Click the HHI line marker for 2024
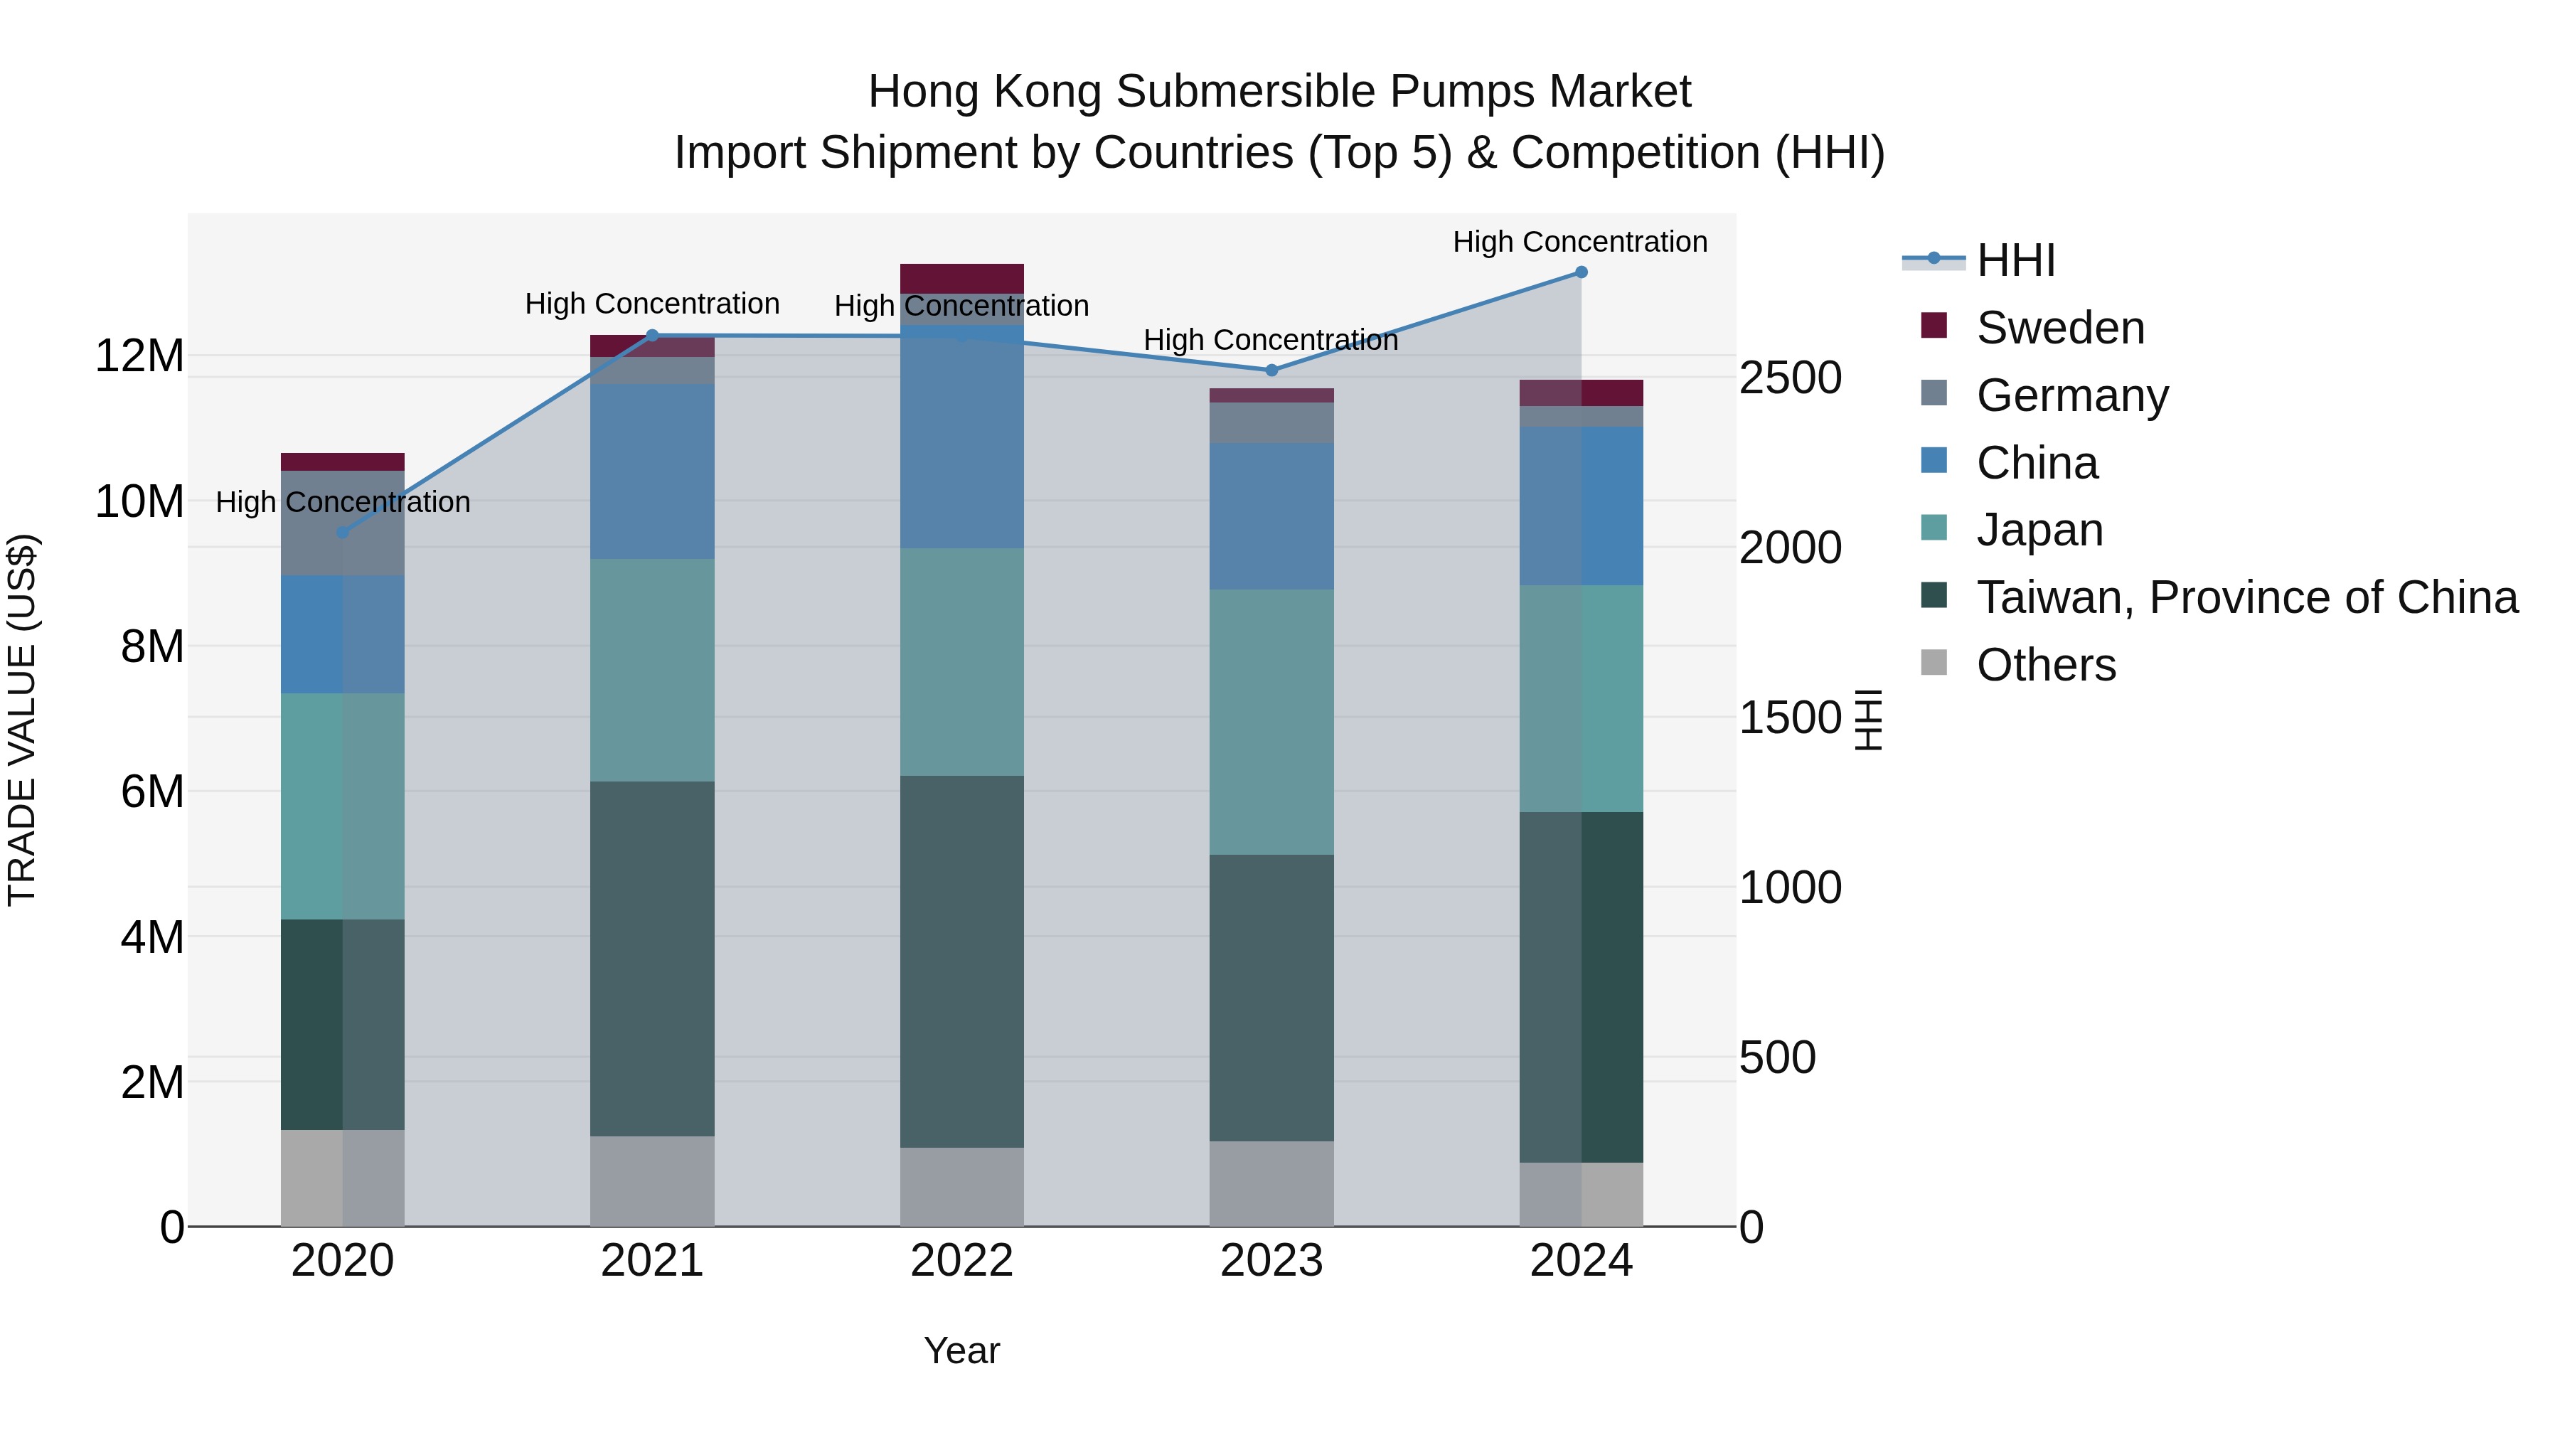pyautogui.click(x=1581, y=272)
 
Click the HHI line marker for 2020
pyautogui.click(x=343, y=533)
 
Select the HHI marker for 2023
pyautogui.click(x=1271, y=370)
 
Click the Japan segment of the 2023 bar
pyautogui.click(x=1271, y=722)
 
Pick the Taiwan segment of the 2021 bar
pyautogui.click(x=652, y=959)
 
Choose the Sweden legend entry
pyautogui.click(x=2059, y=328)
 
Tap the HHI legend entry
pyautogui.click(x=2015, y=260)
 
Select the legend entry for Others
pyautogui.click(x=2045, y=665)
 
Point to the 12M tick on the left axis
pyautogui.click(x=139, y=356)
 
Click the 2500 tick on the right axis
pyautogui.click(x=1790, y=378)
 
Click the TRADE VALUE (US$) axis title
pyautogui.click(x=22, y=720)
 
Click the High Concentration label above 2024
pyautogui.click(x=1579, y=242)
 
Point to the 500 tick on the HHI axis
pyautogui.click(x=1777, y=1057)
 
